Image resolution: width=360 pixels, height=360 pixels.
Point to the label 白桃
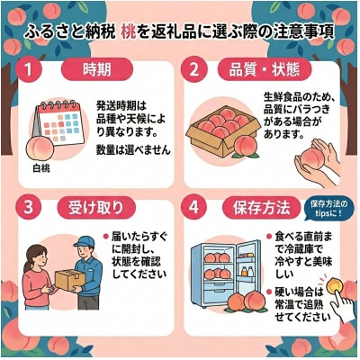coord(41,167)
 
